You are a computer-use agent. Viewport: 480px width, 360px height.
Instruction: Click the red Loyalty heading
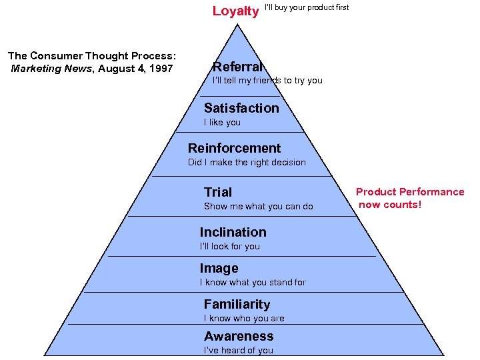pos(235,11)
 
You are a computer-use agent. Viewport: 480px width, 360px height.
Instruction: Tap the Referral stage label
pos(237,67)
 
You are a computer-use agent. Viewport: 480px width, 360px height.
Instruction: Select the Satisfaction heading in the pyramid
pos(241,108)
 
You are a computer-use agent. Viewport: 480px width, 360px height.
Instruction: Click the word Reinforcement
pos(234,148)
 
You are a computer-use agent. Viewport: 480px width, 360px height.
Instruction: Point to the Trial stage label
pos(218,192)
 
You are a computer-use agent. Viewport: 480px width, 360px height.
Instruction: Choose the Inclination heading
pos(233,232)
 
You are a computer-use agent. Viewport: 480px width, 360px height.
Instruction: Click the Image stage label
pos(219,268)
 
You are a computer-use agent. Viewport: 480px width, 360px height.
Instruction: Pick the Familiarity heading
pos(237,304)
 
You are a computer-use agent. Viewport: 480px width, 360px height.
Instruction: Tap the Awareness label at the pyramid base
pos(239,336)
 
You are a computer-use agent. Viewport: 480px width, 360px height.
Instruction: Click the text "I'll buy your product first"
pos(307,7)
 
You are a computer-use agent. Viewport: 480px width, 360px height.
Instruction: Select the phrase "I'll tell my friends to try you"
pos(267,81)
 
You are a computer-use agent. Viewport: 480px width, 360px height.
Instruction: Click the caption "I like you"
pos(222,123)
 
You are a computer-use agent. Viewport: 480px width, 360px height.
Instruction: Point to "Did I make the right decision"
pos(247,162)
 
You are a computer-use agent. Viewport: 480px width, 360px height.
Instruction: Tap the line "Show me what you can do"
pos(258,207)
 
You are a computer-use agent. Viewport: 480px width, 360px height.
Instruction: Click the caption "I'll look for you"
pos(229,247)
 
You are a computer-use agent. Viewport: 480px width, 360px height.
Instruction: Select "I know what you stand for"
pos(253,283)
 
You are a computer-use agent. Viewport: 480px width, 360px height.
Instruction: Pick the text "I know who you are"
pos(244,319)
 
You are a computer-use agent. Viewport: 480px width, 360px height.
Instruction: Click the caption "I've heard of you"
pos(239,351)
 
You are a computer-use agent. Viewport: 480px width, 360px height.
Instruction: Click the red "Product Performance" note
pos(410,198)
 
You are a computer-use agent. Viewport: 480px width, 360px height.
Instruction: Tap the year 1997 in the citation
pos(160,69)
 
